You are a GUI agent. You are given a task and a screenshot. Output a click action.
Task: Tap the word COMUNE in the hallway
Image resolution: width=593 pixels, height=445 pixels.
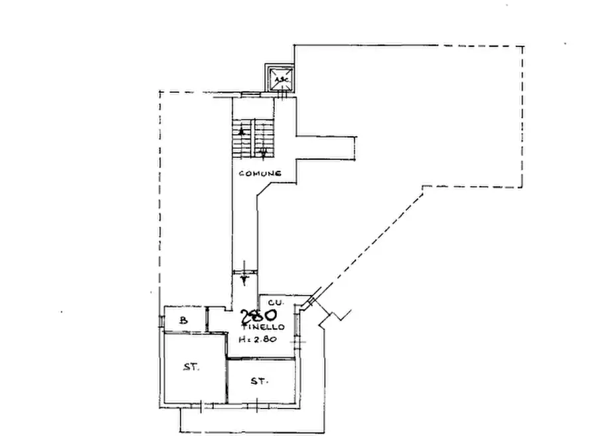point(260,173)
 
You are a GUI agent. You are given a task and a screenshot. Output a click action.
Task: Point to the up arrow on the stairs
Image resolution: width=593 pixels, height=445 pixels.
point(242,133)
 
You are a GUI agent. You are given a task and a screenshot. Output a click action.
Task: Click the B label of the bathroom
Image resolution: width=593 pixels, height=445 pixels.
point(184,321)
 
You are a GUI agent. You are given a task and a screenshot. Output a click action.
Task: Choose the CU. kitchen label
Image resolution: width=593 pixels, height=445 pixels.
point(276,303)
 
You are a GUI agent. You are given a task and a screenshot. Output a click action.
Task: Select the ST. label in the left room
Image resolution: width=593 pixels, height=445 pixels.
point(191,367)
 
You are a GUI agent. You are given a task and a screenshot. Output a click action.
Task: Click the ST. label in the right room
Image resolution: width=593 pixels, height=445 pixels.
point(260,381)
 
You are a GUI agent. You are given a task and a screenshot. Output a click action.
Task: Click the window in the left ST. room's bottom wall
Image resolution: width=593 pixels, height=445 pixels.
point(203,405)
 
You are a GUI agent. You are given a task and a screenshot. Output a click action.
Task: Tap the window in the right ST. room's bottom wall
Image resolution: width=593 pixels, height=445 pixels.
point(257,404)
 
